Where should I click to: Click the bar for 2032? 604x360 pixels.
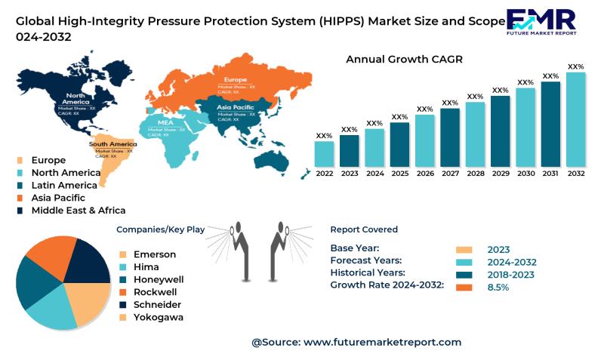tap(576, 119)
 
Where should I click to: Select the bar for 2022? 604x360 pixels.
tap(324, 154)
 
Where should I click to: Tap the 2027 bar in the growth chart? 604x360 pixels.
tap(450, 137)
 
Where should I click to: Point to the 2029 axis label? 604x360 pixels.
tap(500, 174)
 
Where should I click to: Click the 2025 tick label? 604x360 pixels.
tap(399, 174)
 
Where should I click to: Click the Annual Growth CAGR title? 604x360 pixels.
tap(404, 59)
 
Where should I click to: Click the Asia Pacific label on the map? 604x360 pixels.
tap(236, 107)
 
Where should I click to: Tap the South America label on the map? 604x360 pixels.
tap(112, 144)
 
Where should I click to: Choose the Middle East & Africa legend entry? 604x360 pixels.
tap(78, 211)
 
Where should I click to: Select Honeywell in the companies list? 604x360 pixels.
tap(159, 279)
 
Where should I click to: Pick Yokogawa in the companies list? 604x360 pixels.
tap(158, 317)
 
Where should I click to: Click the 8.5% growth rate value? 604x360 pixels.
tap(498, 288)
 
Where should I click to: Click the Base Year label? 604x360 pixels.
tap(355, 248)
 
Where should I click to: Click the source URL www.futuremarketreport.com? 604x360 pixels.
tap(382, 342)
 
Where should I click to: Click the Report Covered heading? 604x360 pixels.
tap(364, 229)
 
